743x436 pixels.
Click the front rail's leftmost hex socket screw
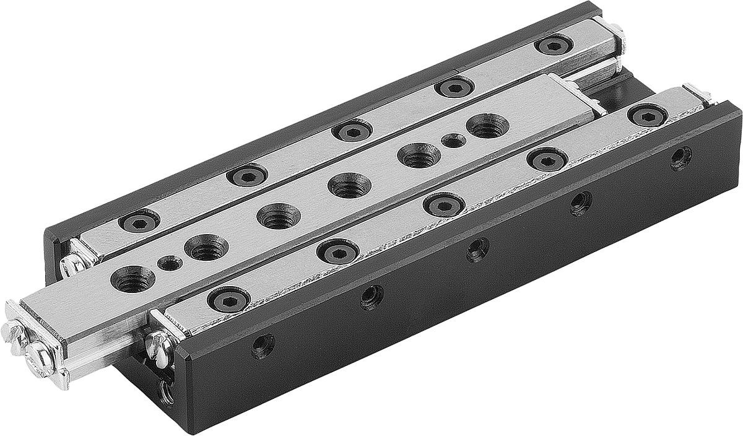click(228, 299)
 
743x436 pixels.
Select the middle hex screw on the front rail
click(444, 204)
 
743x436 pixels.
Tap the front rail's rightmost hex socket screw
click(647, 115)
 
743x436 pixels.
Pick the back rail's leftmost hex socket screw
click(139, 220)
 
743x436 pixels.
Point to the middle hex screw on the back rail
click(352, 130)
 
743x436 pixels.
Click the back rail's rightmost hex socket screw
click(553, 44)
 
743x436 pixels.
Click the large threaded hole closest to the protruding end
click(133, 279)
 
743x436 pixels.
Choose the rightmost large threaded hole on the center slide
click(487, 126)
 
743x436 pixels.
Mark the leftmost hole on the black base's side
click(263, 345)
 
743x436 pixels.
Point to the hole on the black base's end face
click(166, 391)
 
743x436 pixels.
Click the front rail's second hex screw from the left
click(337, 251)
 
